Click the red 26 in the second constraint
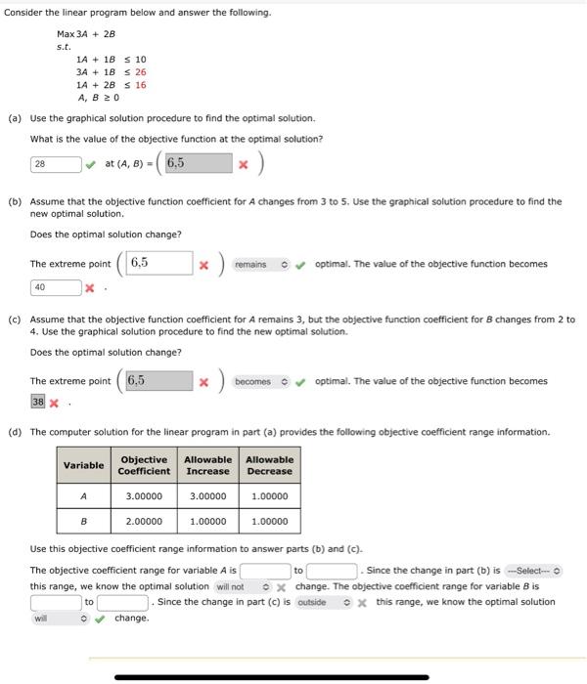[x=141, y=72]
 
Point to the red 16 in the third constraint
[x=141, y=85]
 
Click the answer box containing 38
[x=38, y=402]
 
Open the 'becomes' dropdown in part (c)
[x=262, y=381]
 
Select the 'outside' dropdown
[x=318, y=602]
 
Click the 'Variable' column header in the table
[x=84, y=465]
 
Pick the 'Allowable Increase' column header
[x=207, y=465]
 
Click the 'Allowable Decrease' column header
[x=269, y=465]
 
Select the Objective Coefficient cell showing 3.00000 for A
[x=144, y=496]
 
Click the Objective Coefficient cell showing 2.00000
[x=144, y=522]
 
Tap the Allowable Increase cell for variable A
[x=207, y=496]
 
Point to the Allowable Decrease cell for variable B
[x=269, y=522]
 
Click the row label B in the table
[x=84, y=522]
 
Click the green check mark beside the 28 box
[x=91, y=164]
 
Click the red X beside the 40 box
[x=90, y=288]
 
